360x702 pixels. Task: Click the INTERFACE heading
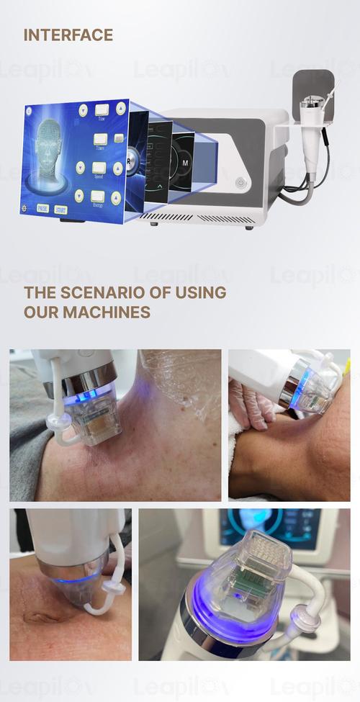click(68, 35)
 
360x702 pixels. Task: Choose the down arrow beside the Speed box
click(80, 167)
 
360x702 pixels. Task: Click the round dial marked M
click(184, 163)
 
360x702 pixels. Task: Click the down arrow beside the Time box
click(83, 110)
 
